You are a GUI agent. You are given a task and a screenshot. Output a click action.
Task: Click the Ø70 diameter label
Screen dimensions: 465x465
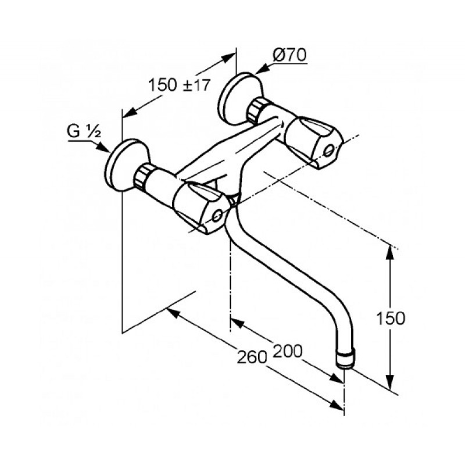pos(289,55)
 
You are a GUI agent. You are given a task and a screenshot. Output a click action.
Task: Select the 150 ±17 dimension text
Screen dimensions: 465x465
pos(179,85)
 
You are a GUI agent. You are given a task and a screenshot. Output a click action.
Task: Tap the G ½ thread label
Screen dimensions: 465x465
pos(84,131)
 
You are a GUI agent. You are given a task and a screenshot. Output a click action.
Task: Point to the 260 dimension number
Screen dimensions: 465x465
pos(252,357)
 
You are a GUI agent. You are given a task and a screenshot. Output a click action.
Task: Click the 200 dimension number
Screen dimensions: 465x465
pos(287,351)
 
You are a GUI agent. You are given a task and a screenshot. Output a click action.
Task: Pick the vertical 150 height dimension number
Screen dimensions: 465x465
pos(390,319)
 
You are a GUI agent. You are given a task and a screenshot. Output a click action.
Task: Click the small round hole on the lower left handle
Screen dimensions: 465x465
pos(217,216)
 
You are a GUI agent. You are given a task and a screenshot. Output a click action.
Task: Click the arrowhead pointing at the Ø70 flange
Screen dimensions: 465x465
pos(260,70)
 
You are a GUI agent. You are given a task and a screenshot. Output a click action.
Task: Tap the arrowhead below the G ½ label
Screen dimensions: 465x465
pos(103,148)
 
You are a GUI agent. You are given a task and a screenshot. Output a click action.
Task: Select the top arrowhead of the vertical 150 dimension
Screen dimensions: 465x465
pos(390,254)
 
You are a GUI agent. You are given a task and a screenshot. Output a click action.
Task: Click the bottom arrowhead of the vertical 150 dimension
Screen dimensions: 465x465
pos(390,381)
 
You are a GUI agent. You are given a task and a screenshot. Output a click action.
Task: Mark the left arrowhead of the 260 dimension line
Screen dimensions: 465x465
pos(174,313)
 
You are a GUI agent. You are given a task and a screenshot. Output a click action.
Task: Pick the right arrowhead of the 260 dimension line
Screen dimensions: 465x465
pos(337,405)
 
